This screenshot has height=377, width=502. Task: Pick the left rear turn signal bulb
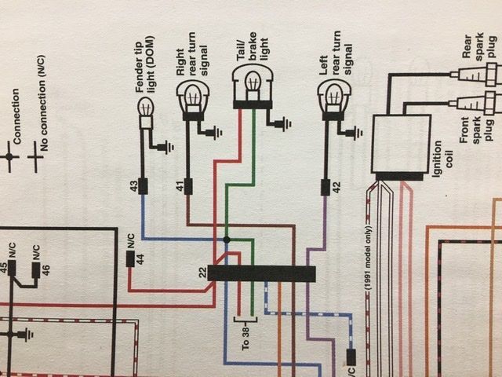pyautogui.click(x=332, y=97)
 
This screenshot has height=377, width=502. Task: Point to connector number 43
pyautogui.click(x=144, y=186)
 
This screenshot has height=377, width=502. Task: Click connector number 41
pyautogui.click(x=189, y=186)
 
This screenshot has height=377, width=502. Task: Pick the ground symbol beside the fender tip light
pyautogui.click(x=166, y=145)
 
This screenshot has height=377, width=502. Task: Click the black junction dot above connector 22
pyautogui.click(x=227, y=240)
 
